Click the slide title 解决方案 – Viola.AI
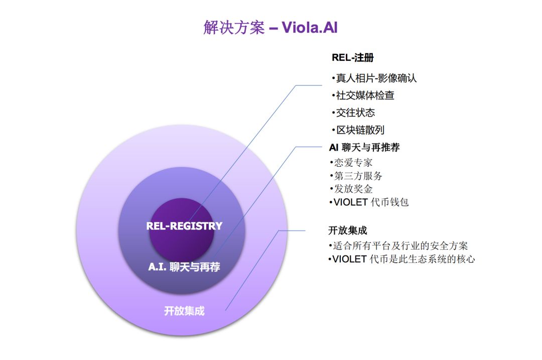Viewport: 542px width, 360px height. click(270, 27)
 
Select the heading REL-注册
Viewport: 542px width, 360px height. click(352, 58)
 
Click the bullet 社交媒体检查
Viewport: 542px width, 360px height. click(362, 95)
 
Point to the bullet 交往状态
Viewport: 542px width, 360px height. click(353, 112)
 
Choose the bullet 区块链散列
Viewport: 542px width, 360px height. click(357, 130)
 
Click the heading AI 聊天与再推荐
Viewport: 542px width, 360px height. click(364, 147)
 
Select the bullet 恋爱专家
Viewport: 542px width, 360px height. click(351, 162)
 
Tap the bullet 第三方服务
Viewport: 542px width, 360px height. click(356, 176)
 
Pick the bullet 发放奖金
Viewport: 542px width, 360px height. click(351, 189)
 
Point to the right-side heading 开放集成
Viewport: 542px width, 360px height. click(347, 230)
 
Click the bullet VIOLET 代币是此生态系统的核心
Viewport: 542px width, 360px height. click(401, 259)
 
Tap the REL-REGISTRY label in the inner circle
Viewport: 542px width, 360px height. click(184, 226)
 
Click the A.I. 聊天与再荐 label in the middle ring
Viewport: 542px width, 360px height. click(184, 267)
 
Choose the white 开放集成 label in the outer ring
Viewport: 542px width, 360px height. click(184, 311)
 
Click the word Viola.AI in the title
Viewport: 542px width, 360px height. click(310, 27)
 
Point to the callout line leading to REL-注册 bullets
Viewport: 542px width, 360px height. click(251, 146)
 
